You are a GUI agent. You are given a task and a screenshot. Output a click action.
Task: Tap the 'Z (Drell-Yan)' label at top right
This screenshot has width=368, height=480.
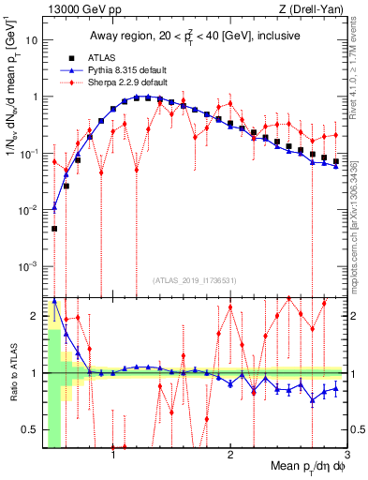point(315,10)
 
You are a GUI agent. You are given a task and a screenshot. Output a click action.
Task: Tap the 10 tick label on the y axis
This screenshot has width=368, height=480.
point(33,40)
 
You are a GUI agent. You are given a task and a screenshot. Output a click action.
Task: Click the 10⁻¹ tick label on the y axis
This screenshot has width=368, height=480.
point(30,154)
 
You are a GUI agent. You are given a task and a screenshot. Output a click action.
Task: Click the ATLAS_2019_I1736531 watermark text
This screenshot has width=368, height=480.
point(196,280)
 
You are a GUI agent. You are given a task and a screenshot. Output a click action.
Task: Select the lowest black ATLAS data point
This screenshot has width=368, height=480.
point(54,228)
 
